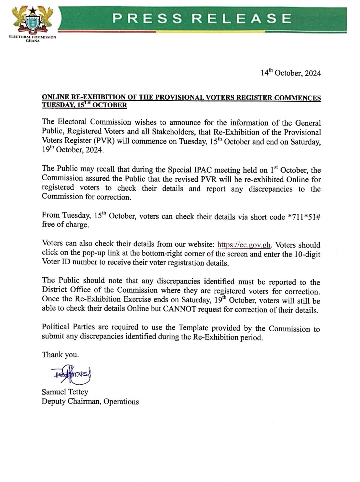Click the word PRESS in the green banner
click(143, 19)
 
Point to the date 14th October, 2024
click(291, 73)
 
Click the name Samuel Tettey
click(65, 392)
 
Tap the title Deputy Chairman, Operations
click(90, 402)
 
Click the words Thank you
click(60, 355)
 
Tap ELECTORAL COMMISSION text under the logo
click(32, 37)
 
